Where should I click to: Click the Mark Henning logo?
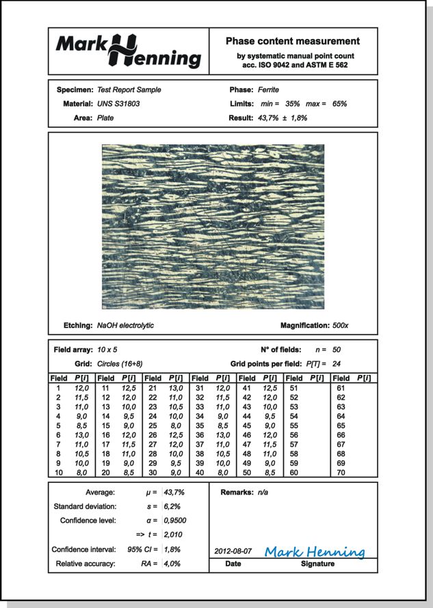pos(128,51)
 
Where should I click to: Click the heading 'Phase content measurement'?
pos(292,42)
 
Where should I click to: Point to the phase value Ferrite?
pos(268,89)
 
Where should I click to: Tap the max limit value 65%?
pos(337,104)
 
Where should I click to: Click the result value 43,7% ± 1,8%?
pos(282,118)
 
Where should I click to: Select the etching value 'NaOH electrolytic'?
pos(125,325)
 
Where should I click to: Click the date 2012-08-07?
pos(233,551)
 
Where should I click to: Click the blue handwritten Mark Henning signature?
pos(314,551)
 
